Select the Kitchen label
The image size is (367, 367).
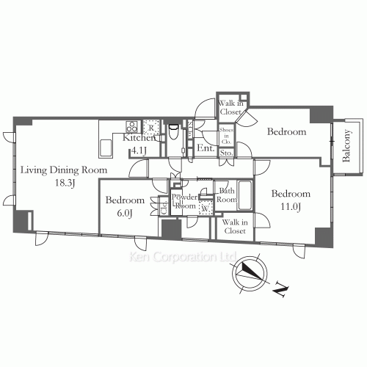[x=139, y=138]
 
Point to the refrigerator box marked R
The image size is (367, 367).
[x=150, y=126]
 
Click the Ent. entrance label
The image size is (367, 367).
[x=205, y=148]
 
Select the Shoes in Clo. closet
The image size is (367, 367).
[x=226, y=134]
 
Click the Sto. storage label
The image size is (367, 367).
[x=226, y=153]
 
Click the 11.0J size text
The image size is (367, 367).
[x=291, y=206]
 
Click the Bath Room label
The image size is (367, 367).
[x=228, y=195]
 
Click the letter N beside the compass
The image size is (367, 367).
[x=280, y=291]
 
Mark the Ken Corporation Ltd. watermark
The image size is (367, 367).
[x=181, y=258]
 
